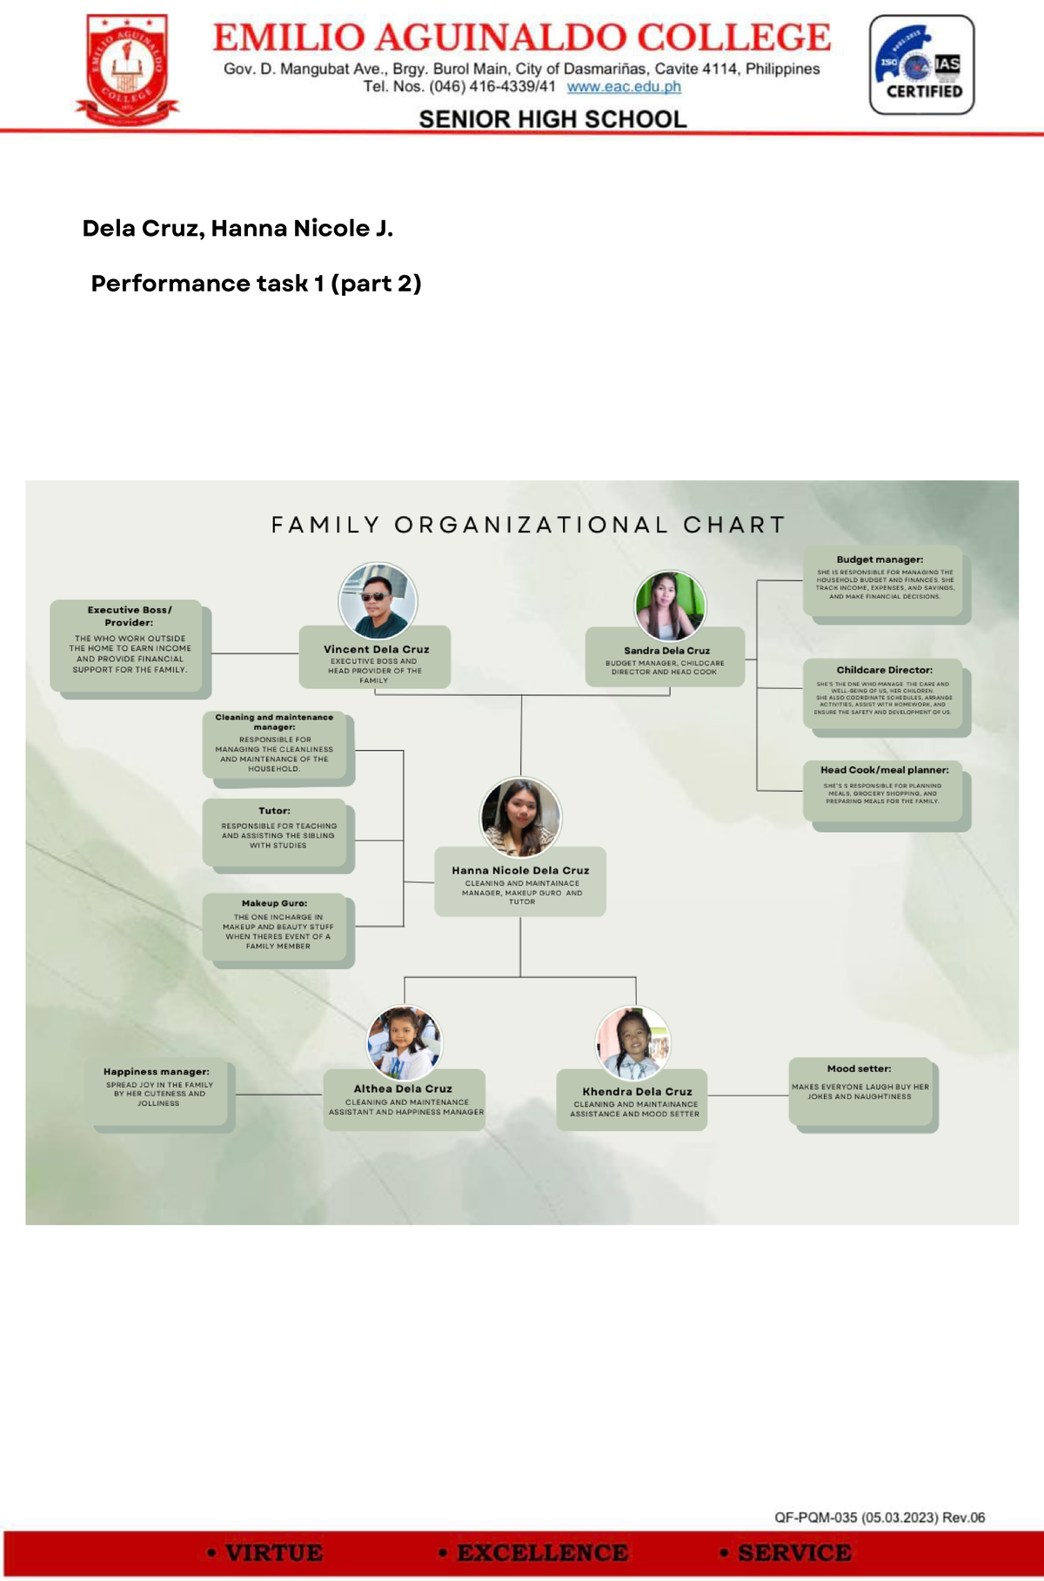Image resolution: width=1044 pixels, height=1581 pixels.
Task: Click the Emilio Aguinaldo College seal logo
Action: (x=127, y=70)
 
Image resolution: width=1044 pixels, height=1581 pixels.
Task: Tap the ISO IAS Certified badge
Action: (x=921, y=65)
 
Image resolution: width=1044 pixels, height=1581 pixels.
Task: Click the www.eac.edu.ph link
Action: (x=624, y=87)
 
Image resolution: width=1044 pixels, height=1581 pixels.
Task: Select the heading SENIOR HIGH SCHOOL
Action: (x=552, y=119)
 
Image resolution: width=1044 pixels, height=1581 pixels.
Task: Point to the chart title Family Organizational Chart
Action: (x=529, y=525)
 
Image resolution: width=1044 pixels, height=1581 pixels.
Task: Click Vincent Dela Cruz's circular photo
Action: (x=378, y=601)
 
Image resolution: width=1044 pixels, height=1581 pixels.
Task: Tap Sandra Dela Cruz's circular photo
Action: (x=670, y=606)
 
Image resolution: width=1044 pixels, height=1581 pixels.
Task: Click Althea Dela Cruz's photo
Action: (x=404, y=1042)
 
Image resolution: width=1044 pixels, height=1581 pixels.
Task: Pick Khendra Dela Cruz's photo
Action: (x=633, y=1043)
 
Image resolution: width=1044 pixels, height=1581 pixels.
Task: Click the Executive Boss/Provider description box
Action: (x=130, y=646)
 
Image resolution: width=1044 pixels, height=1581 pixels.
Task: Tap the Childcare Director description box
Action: (x=884, y=693)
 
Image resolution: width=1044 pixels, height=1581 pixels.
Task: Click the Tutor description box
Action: (x=276, y=832)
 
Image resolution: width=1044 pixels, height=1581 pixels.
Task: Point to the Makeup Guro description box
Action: (x=276, y=928)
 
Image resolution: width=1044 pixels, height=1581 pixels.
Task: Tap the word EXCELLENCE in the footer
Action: (x=543, y=1553)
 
